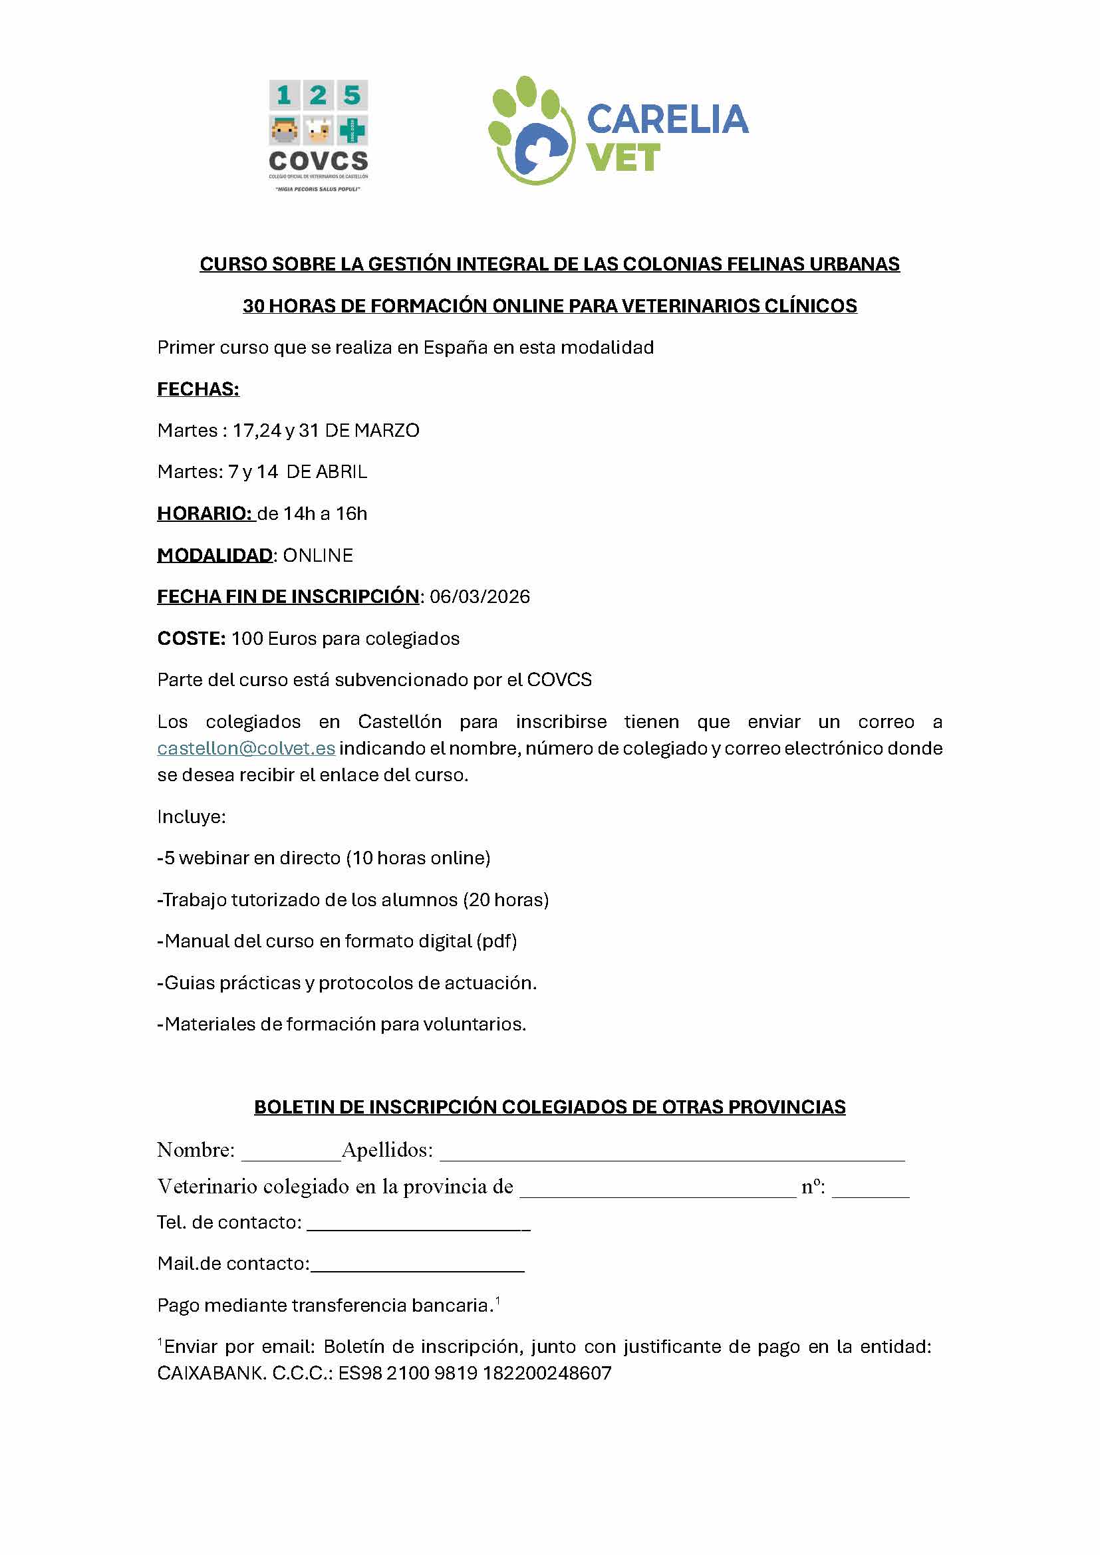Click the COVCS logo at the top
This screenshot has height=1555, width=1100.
click(x=318, y=135)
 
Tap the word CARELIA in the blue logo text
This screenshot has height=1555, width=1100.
click(x=667, y=119)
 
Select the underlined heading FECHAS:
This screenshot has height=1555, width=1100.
click(x=198, y=390)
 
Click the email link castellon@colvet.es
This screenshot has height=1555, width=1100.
click(x=246, y=749)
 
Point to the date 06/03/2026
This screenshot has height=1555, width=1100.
click(x=480, y=596)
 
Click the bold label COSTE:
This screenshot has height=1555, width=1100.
click(x=191, y=639)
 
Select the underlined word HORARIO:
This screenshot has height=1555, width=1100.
click(x=205, y=513)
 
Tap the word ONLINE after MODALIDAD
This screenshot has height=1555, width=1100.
click(x=318, y=555)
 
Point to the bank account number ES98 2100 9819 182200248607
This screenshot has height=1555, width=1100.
click(x=475, y=1374)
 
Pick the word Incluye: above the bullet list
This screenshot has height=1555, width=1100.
click(x=191, y=817)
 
